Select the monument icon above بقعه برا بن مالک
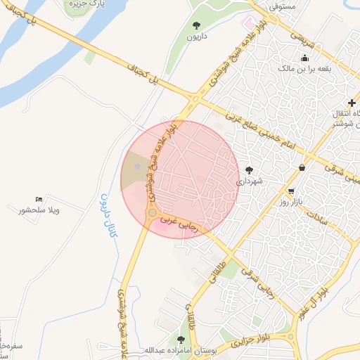tap(304, 58)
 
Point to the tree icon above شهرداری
tap(249, 169)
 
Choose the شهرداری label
tap(248, 181)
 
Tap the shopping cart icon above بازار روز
tap(291, 191)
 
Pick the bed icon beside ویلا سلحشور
tap(38, 200)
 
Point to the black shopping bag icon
tap(302, 167)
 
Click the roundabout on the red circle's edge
tap(152, 212)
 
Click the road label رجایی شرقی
tap(257, 278)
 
